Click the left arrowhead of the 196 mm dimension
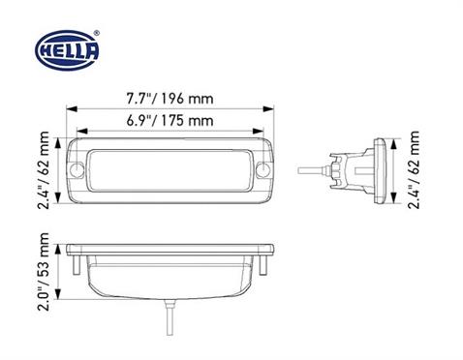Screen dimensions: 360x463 coord(69,107)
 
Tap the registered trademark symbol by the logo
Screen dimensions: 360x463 coord(96,34)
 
